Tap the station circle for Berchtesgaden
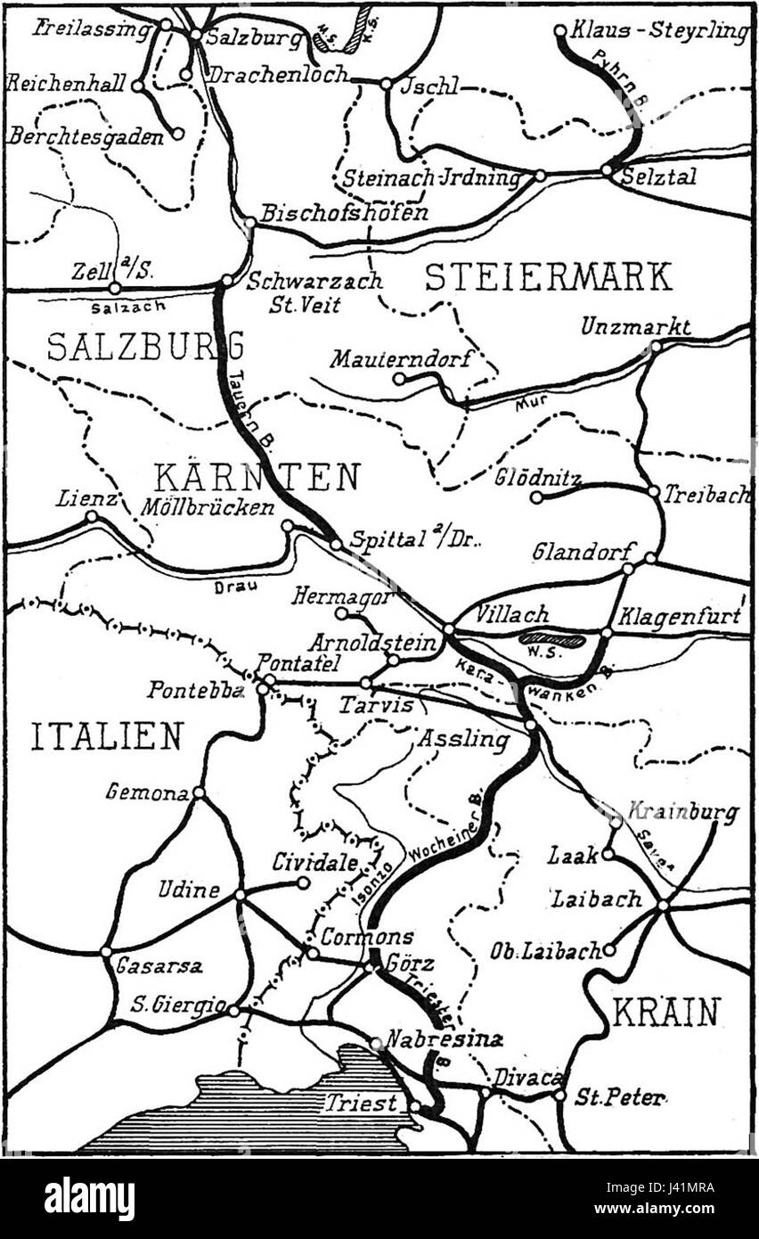point(177,134)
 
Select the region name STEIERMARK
point(548,277)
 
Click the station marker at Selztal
point(607,169)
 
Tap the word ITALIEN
point(107,736)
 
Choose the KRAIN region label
point(666,1013)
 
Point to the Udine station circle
point(240,894)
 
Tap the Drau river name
point(229,587)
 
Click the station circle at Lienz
point(91,516)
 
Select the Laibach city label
point(596,898)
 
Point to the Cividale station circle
point(304,882)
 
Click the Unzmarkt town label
point(635,327)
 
